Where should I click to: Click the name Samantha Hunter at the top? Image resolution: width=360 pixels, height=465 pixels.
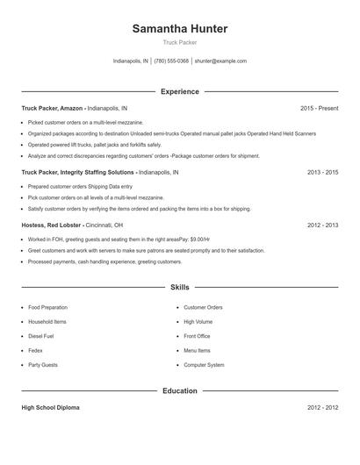point(179,29)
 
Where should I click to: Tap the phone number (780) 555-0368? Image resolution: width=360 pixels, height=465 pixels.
point(171,61)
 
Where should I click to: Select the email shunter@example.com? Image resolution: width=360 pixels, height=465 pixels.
point(220,61)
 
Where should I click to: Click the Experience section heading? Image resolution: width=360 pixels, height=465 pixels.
point(179,91)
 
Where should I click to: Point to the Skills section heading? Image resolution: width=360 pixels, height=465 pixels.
point(179,287)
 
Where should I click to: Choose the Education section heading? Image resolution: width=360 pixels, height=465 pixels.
point(179,390)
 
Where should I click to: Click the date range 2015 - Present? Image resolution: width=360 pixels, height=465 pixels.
point(319,108)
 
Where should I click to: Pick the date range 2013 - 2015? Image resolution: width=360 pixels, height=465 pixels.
point(322,173)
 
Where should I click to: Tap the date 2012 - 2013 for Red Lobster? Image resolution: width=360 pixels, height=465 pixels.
point(322,225)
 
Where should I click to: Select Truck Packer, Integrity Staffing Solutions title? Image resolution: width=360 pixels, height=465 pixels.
point(78,173)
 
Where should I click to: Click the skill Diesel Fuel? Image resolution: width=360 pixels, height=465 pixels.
point(41,336)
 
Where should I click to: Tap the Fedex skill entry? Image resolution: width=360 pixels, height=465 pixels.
point(35,350)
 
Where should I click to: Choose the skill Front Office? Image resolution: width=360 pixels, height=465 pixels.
point(197,336)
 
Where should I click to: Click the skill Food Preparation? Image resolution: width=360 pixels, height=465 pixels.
point(47,307)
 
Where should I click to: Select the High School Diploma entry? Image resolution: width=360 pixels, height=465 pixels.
point(52,408)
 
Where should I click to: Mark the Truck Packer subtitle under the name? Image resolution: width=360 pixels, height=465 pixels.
point(179,42)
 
